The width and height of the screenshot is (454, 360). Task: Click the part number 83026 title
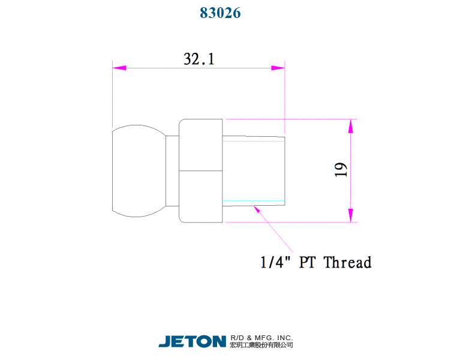[x=220, y=13]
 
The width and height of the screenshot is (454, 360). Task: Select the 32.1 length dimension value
[x=199, y=59]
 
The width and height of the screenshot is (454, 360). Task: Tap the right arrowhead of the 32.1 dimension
[x=278, y=68]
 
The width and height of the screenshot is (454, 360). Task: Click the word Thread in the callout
[x=347, y=262]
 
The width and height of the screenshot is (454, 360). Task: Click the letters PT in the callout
[x=308, y=262]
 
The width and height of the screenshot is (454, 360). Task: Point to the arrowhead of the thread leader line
[x=257, y=209]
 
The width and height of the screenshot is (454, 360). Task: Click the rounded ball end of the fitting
[x=137, y=170]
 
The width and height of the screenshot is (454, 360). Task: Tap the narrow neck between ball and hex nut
[x=172, y=170]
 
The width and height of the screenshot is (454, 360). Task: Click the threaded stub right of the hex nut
[x=254, y=170]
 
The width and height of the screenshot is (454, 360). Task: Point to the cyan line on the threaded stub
[x=254, y=200]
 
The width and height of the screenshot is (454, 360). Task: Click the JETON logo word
[x=192, y=341]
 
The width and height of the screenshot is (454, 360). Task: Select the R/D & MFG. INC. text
[x=261, y=338]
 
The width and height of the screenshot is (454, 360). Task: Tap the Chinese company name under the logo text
[x=261, y=345]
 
